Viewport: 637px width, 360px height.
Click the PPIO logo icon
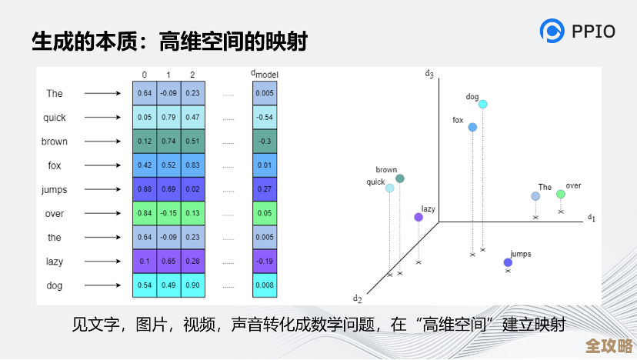552,31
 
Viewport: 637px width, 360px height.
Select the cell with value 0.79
168,118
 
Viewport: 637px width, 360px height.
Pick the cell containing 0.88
145,189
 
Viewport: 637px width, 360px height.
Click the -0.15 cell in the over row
168,214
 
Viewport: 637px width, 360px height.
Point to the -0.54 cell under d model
264,118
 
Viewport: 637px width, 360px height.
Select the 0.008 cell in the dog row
264,285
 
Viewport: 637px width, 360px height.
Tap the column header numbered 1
168,75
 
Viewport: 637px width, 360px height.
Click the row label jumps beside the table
55,189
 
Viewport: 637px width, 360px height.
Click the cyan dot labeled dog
482,104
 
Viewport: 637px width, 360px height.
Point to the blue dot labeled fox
472,127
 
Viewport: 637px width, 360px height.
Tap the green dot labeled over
561,195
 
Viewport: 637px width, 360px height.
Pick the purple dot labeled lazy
419,217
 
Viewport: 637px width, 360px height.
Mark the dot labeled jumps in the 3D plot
508,263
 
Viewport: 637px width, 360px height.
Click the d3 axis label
429,74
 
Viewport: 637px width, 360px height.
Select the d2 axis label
357,298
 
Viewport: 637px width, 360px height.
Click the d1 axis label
592,218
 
